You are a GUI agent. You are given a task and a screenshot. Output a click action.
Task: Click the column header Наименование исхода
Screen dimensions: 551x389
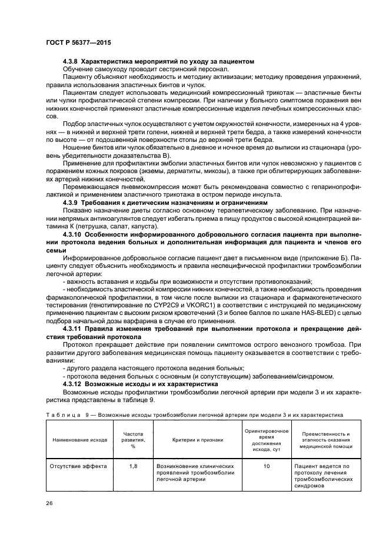[x=79, y=439]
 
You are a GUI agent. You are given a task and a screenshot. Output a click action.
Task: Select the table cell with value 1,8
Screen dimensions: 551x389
[x=133, y=466]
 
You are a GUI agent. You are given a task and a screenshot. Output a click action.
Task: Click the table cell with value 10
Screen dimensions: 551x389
[x=267, y=466]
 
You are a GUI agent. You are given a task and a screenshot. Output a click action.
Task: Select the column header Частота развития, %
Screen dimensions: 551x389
[x=133, y=439]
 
